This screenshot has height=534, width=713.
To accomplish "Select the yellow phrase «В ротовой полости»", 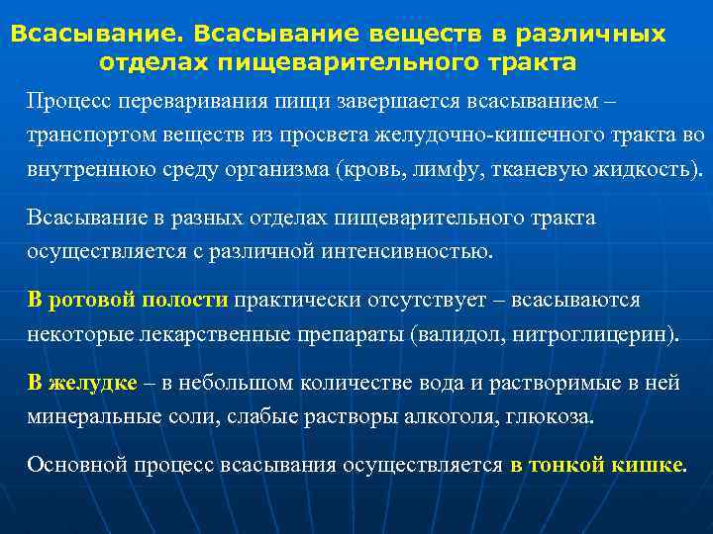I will (128, 300).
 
